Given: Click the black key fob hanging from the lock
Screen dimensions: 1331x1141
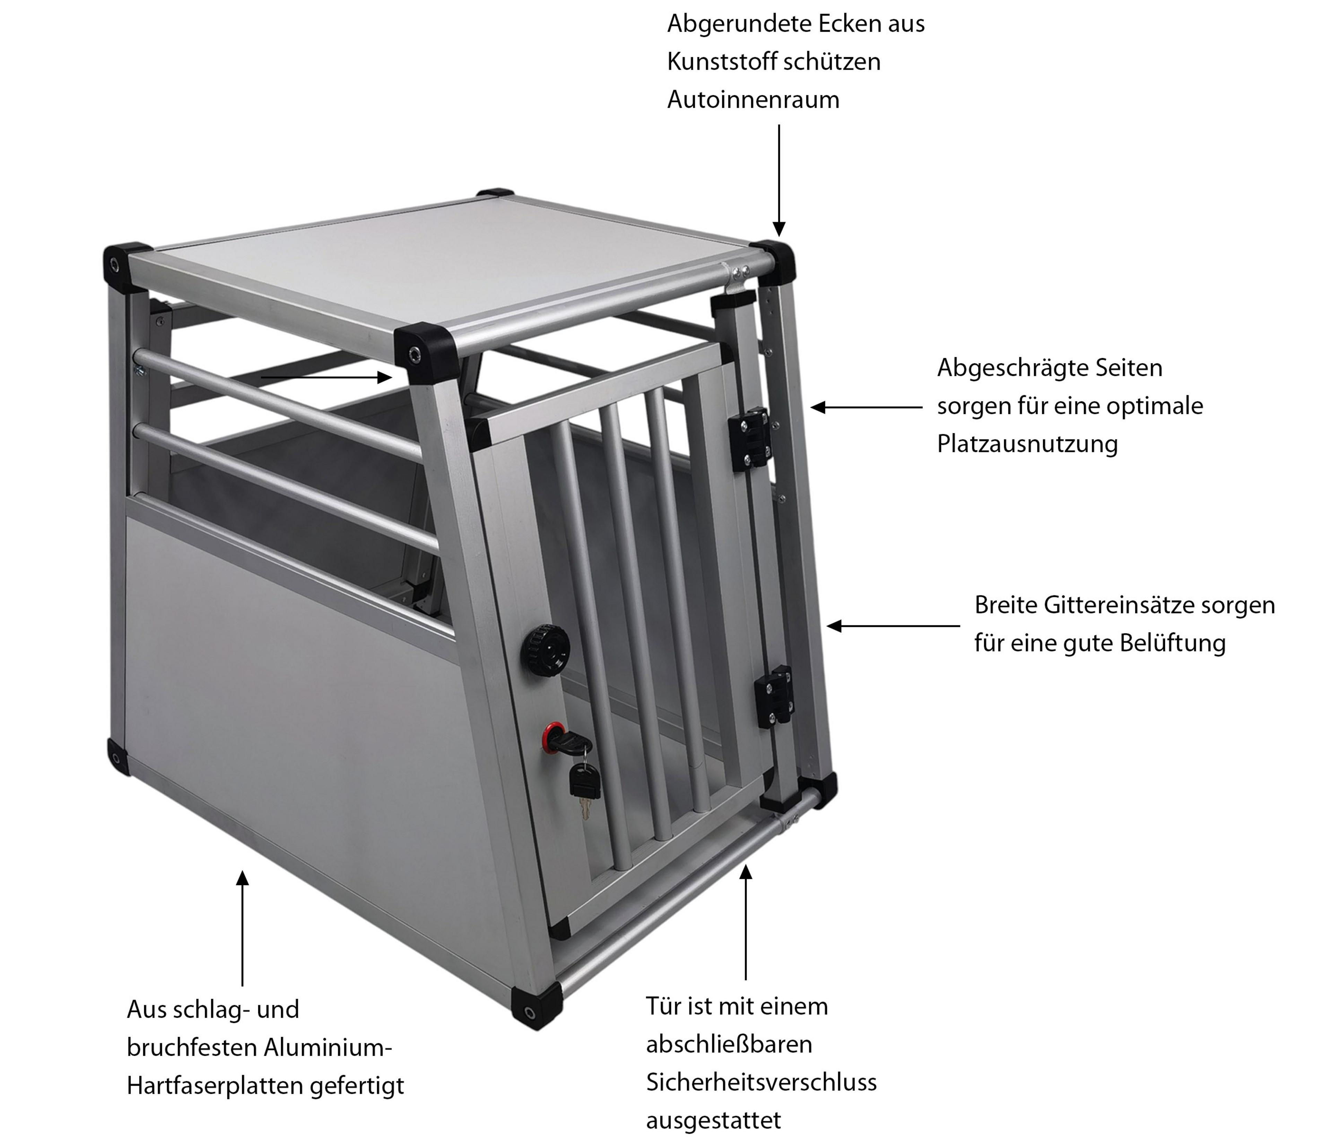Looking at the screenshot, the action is [584, 782].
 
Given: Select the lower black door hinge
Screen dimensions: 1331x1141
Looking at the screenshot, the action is [773, 697].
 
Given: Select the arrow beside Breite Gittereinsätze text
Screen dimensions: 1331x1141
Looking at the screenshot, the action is [894, 625].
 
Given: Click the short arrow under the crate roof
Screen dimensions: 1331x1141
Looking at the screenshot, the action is [326, 377].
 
